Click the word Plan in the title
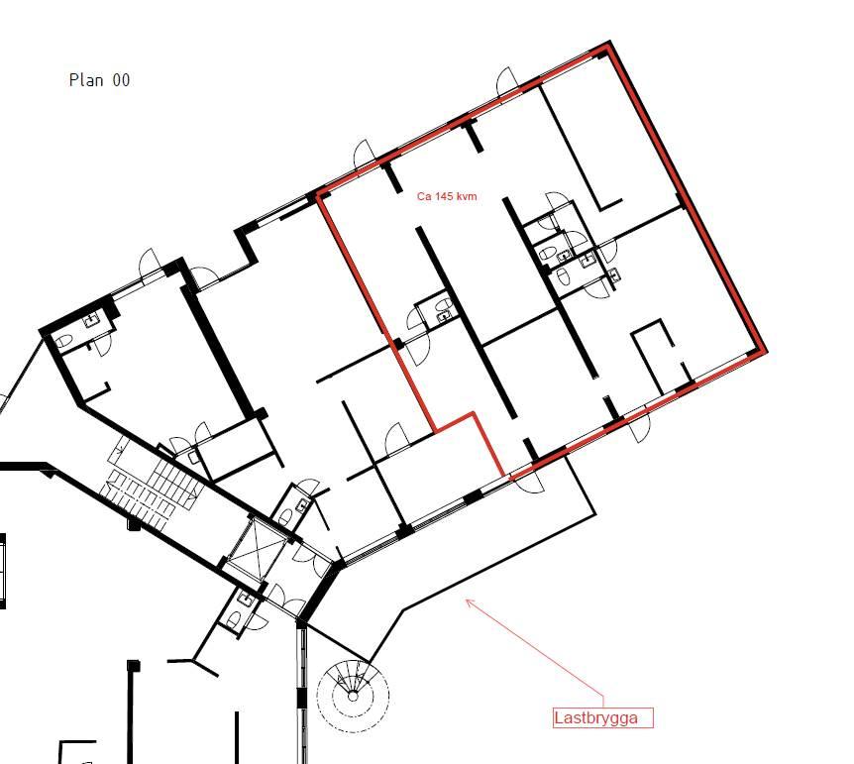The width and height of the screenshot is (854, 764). pos(86,80)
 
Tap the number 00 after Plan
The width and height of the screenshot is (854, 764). pos(122,80)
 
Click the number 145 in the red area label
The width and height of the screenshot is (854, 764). pos(446,196)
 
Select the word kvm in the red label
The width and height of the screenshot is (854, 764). pos(468,196)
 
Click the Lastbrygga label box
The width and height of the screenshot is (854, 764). pos(603,717)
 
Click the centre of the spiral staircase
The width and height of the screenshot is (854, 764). pos(353,696)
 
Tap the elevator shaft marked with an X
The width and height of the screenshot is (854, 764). pos(256,549)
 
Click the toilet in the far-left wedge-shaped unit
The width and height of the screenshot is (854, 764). pos(63,342)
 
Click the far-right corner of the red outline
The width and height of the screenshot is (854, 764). pos(764,351)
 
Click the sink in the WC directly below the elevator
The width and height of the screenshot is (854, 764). pos(246,600)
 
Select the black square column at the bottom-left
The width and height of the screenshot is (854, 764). pos(134,666)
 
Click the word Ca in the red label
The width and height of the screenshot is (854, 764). pos(424,196)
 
